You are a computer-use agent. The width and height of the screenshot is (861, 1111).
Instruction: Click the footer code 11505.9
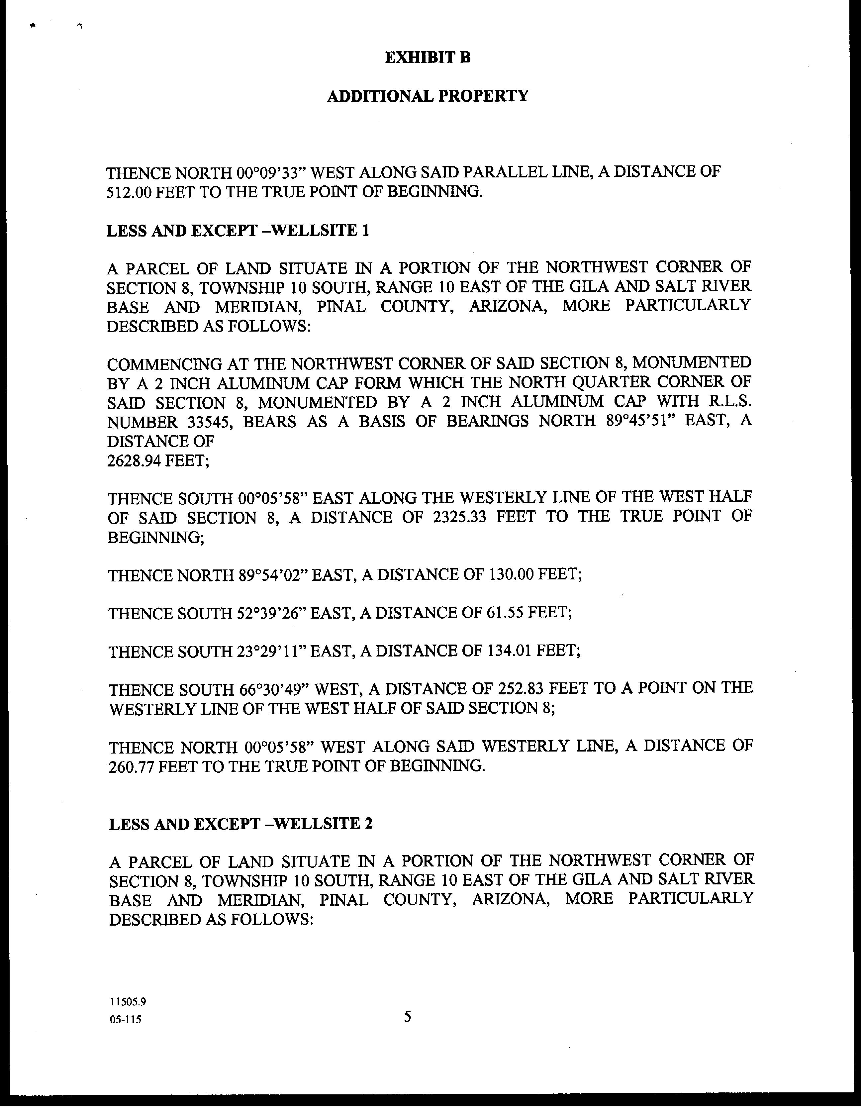128,1002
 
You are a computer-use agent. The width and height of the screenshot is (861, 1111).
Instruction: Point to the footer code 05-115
125,1019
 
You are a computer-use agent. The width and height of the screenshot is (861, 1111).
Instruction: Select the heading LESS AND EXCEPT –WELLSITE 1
238,231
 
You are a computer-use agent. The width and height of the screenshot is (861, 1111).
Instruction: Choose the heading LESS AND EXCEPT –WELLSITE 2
240,824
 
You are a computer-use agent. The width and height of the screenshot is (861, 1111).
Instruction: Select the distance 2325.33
460,517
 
